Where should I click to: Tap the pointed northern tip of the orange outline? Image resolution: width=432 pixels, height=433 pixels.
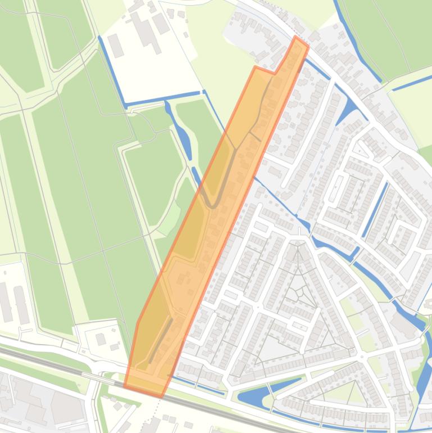coord(297,37)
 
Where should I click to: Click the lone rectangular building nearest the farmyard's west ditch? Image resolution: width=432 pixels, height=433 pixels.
coord(116,45)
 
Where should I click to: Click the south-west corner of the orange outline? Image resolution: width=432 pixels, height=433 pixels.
coord(124,387)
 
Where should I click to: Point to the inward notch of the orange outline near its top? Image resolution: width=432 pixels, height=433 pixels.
coord(275,73)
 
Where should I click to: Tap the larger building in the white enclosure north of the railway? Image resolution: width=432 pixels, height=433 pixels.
coord(101,339)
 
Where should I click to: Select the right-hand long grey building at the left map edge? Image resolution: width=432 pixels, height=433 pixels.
coord(21,304)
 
